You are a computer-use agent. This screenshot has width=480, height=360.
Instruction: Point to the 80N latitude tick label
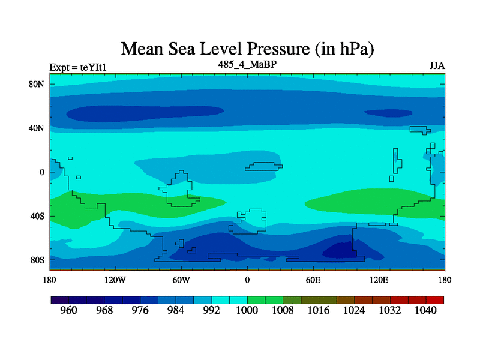click(37, 84)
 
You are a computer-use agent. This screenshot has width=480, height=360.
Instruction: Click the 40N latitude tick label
click(37, 128)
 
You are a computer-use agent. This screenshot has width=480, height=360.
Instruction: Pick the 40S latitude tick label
click(38, 216)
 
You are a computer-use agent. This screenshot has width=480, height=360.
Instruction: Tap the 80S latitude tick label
click(38, 260)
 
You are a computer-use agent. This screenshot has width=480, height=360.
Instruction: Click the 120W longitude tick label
click(115, 280)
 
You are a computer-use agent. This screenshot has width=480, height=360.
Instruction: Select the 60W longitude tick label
click(181, 280)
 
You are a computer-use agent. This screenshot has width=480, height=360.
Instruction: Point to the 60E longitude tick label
click(313, 280)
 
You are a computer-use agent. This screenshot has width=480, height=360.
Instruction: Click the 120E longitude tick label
click(379, 280)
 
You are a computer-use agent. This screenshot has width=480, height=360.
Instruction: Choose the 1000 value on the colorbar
click(247, 311)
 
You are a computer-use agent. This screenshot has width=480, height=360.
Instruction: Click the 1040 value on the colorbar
click(426, 311)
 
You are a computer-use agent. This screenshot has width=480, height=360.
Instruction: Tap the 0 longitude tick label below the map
click(247, 280)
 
